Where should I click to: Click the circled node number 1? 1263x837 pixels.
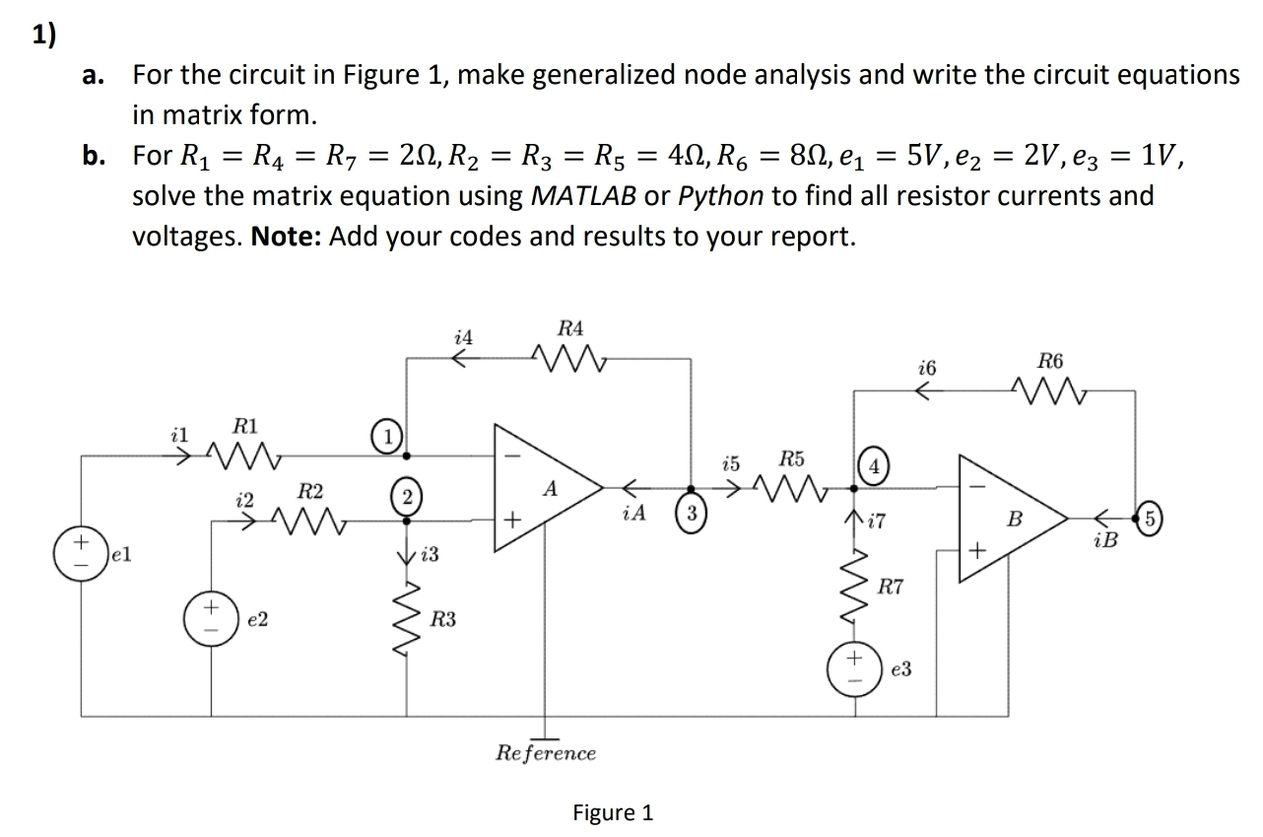(x=390, y=436)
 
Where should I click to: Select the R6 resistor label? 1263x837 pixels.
(x=1051, y=360)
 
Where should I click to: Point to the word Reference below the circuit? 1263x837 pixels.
(x=546, y=754)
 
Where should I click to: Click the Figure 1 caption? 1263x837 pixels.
(x=613, y=812)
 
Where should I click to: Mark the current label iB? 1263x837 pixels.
(x=1105, y=540)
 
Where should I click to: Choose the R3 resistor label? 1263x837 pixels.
(x=442, y=620)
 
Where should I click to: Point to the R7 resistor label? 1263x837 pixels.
(x=891, y=589)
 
